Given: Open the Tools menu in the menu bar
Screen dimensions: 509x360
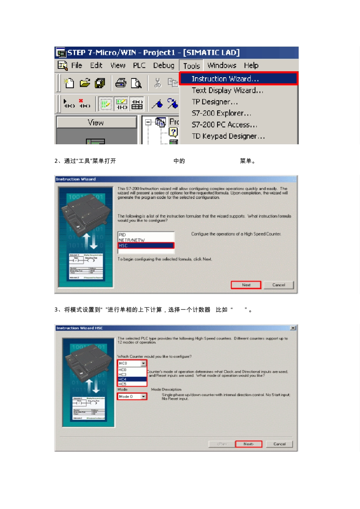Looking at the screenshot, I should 191,66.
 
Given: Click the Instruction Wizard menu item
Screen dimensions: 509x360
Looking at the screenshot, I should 225,79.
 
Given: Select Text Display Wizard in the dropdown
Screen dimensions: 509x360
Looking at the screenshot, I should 227,91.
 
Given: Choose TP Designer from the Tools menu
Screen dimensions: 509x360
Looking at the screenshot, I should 214,102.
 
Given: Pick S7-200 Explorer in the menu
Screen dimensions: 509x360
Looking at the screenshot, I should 221,113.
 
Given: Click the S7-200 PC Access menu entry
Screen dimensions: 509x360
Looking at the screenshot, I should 224,125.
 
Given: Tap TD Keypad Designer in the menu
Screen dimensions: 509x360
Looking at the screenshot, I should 228,136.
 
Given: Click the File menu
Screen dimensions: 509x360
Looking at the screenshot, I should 77,66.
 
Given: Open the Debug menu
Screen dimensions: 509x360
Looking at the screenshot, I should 164,66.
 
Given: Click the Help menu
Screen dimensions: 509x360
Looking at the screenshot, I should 251,66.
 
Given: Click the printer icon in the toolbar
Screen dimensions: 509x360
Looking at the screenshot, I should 121,83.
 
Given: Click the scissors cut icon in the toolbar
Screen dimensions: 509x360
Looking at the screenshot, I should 158,83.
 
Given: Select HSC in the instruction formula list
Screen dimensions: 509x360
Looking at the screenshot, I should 146,246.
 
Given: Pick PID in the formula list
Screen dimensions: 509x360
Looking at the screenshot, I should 146,235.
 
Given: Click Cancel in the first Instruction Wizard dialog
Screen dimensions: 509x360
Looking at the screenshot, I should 279,285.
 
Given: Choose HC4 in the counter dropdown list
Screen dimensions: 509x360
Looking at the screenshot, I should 132,379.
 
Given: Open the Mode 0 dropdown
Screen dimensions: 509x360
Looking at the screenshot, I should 144,397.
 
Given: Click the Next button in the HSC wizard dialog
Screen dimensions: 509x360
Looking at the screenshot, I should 248,444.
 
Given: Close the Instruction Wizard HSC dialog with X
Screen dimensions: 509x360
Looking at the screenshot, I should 293,328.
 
